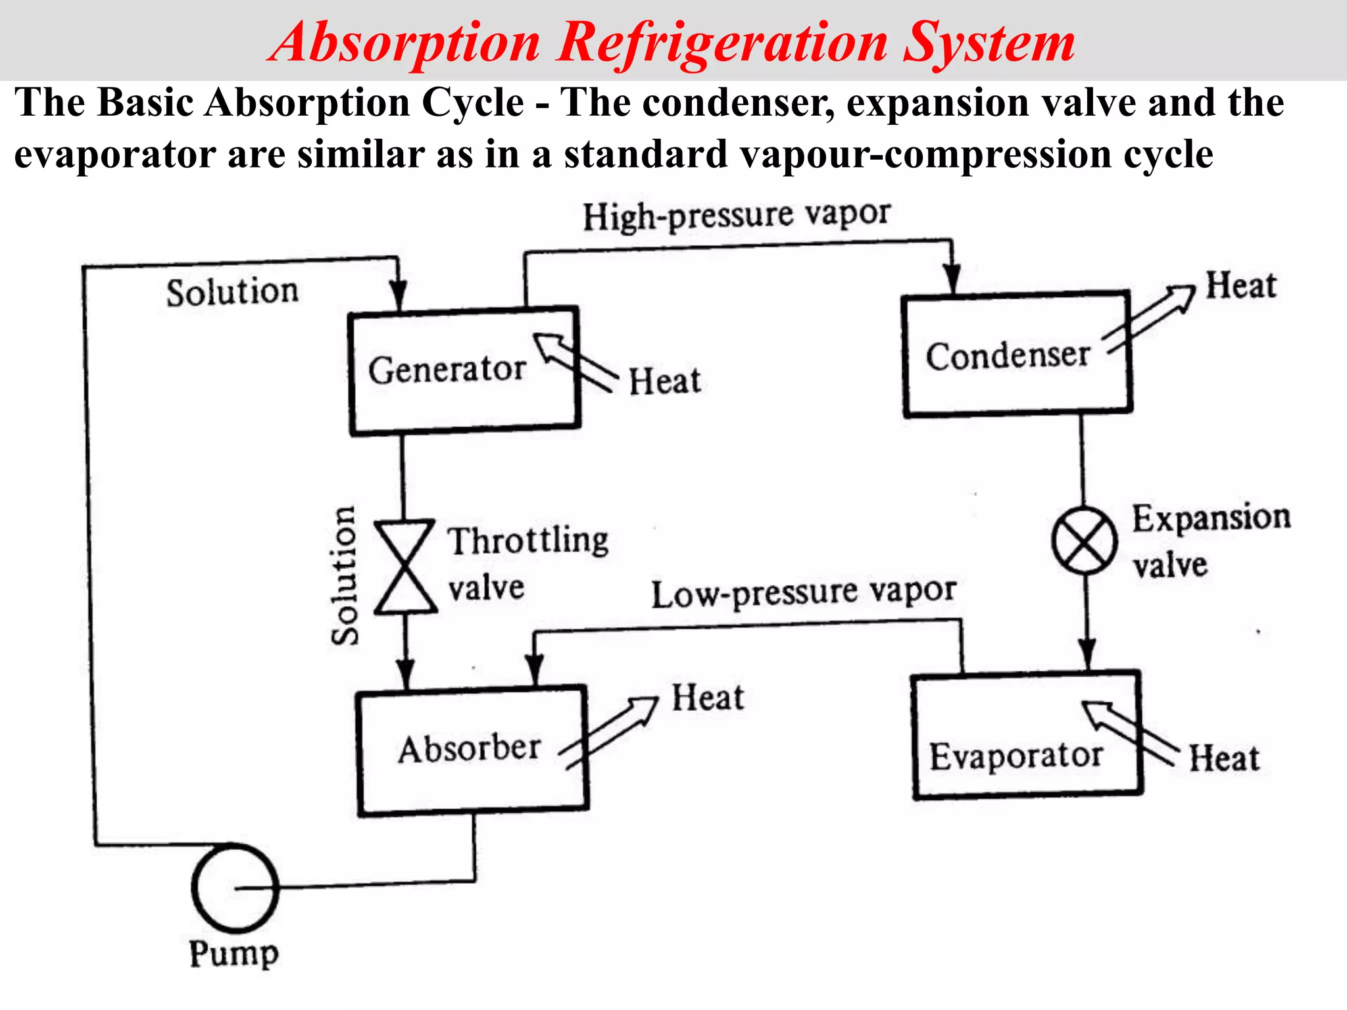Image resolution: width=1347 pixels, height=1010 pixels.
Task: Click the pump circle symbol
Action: (235, 888)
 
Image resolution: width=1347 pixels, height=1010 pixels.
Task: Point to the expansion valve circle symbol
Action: (1084, 541)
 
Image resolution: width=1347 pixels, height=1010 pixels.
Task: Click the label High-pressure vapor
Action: (737, 215)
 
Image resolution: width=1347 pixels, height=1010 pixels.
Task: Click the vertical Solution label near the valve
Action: (345, 575)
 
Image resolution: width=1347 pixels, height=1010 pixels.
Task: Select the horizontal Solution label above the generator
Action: (232, 292)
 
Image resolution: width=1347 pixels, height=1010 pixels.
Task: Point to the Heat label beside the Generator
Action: (664, 381)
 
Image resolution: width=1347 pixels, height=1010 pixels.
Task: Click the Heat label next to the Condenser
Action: (1240, 286)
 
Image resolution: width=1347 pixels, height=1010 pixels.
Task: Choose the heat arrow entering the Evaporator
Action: (1128, 731)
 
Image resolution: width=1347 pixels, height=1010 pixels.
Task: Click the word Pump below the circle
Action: (233, 953)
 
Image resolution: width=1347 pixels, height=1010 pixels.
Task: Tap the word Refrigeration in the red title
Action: (722, 43)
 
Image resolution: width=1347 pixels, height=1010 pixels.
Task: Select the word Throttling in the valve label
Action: (528, 541)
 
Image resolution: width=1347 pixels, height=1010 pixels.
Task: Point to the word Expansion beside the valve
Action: (1211, 518)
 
